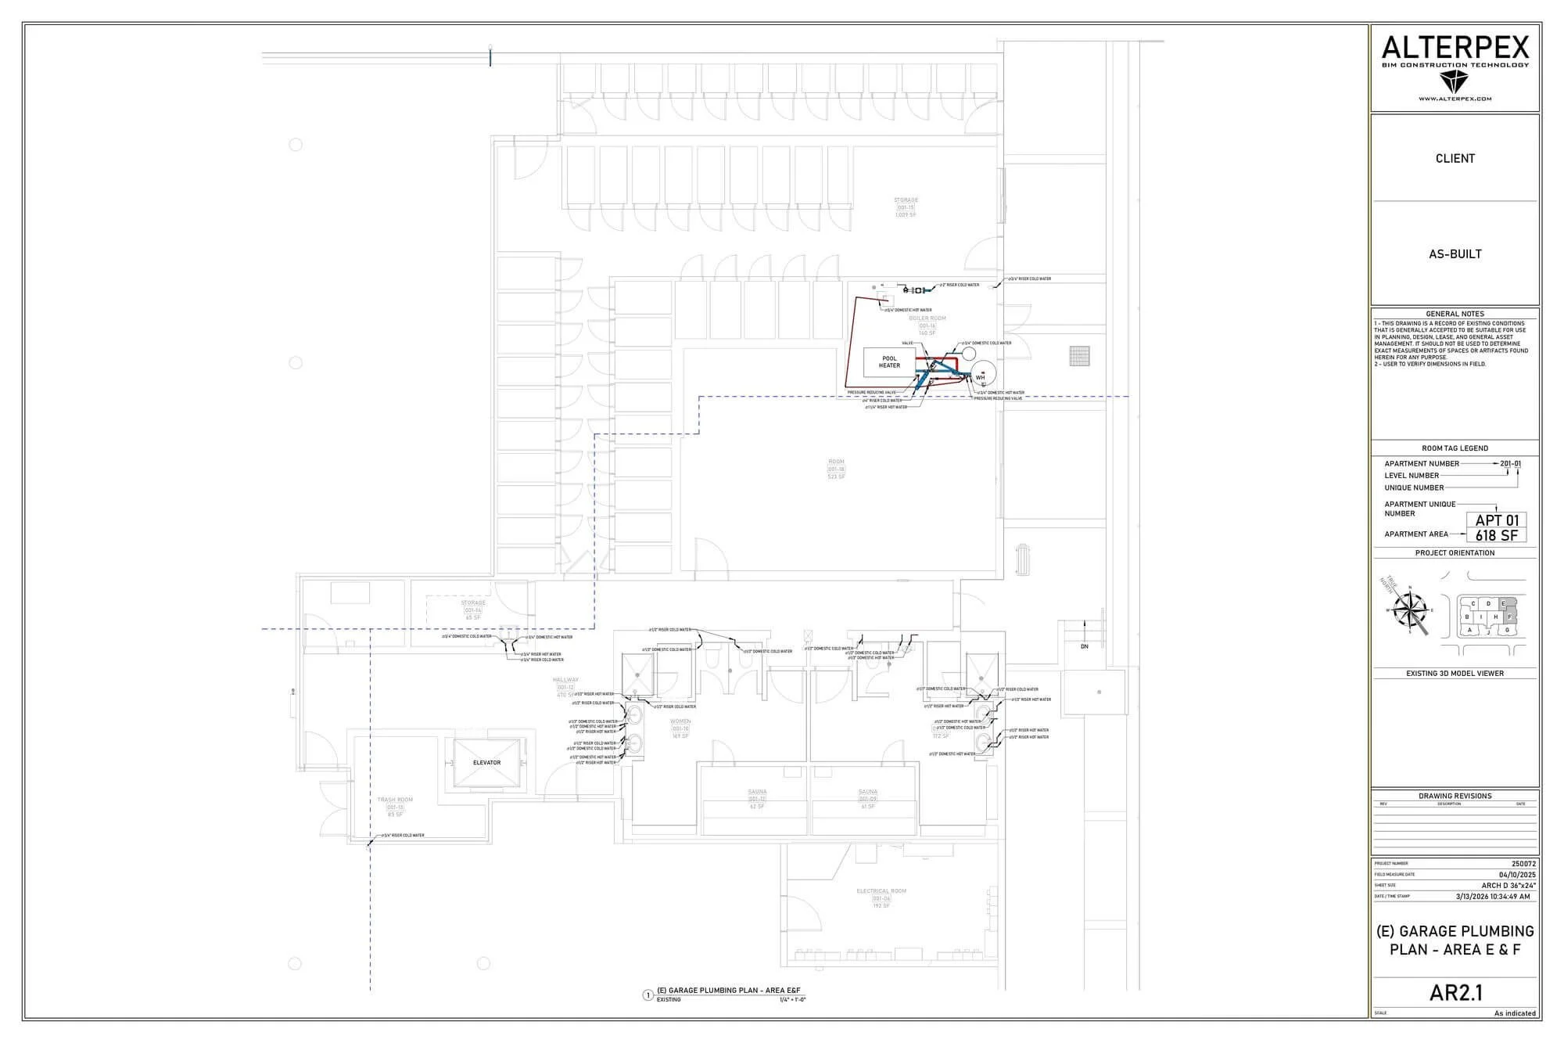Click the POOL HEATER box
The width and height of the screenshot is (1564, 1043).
(x=889, y=362)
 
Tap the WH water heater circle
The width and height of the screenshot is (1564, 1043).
(x=980, y=376)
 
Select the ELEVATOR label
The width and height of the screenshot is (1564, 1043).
(x=486, y=763)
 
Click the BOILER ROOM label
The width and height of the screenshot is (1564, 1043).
(x=927, y=318)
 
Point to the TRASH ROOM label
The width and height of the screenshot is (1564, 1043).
(x=395, y=800)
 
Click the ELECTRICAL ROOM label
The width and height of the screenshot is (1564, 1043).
(x=881, y=891)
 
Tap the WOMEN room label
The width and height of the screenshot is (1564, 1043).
(x=680, y=721)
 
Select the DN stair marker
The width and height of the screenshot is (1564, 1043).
(x=1085, y=647)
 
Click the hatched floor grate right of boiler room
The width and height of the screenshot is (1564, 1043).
(x=1079, y=356)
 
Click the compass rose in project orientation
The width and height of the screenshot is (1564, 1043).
(x=1411, y=610)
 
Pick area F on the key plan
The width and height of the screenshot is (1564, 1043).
(x=1509, y=617)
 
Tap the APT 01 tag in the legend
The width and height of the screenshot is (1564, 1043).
(x=1497, y=520)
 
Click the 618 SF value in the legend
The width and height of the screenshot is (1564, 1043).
(x=1497, y=536)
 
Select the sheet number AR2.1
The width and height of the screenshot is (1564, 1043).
(x=1455, y=993)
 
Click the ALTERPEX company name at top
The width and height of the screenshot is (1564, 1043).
(x=1455, y=48)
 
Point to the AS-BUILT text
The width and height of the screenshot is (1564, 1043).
(x=1455, y=254)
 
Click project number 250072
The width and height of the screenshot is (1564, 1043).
(x=1523, y=864)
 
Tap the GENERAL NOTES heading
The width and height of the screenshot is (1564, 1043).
(x=1455, y=314)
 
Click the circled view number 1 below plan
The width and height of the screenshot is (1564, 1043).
(x=647, y=995)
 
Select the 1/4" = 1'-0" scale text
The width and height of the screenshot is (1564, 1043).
(x=792, y=1000)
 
